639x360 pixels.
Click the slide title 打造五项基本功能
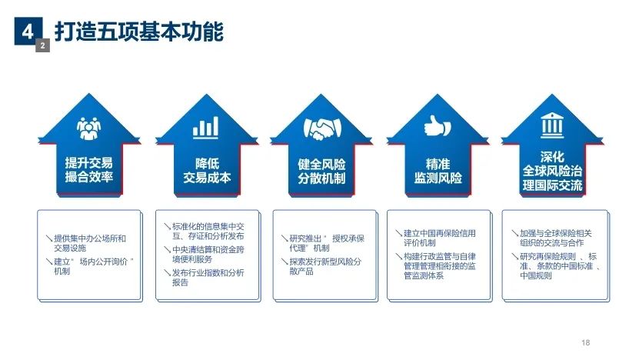click(x=139, y=32)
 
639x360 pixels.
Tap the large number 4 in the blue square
click(x=28, y=31)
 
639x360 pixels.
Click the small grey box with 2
click(x=42, y=45)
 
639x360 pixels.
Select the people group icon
click(x=89, y=128)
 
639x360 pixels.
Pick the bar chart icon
click(x=206, y=127)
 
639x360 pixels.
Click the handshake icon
click(x=322, y=128)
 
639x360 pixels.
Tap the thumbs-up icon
click(x=438, y=125)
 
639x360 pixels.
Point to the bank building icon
click(x=552, y=125)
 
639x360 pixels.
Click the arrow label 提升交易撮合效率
click(x=89, y=169)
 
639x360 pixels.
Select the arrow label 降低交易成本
click(x=207, y=171)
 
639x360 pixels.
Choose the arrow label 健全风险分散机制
click(x=321, y=172)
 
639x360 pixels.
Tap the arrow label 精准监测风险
click(x=438, y=171)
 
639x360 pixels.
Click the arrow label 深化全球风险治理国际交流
click(x=552, y=172)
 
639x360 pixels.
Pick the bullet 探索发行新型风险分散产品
click(x=321, y=266)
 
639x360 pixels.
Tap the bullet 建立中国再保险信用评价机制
click(x=436, y=238)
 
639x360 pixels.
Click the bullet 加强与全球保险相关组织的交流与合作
click(x=552, y=238)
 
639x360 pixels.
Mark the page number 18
click(x=586, y=342)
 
